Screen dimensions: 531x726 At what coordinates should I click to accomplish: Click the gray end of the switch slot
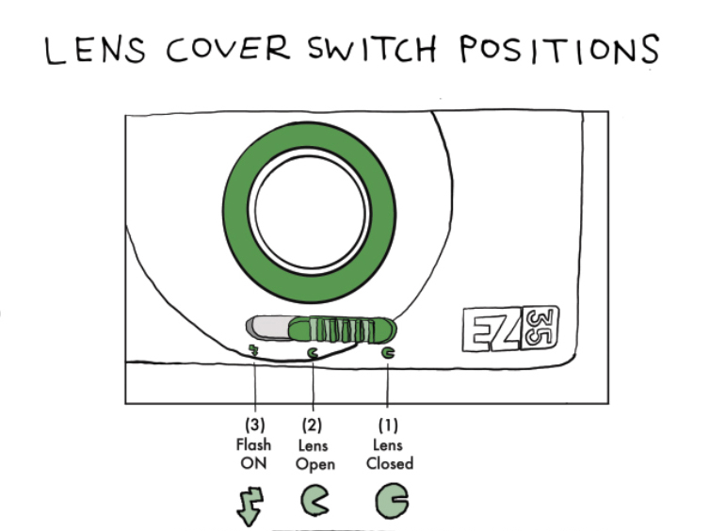tap(264, 328)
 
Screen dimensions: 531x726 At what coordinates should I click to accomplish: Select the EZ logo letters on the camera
tap(491, 330)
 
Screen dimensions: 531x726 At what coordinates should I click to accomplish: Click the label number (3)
tap(254, 426)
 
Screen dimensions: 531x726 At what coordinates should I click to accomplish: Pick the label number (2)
tap(314, 426)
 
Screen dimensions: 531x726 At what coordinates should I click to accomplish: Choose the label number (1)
tap(389, 426)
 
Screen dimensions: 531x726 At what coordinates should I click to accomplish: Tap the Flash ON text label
tap(254, 453)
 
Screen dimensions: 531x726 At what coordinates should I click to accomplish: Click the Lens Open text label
tap(315, 454)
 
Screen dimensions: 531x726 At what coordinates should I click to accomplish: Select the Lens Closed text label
tap(389, 454)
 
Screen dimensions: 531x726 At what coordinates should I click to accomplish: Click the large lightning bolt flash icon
tap(252, 503)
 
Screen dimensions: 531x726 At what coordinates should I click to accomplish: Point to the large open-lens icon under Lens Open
tap(314, 503)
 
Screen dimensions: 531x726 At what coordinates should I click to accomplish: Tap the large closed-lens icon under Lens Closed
tap(390, 502)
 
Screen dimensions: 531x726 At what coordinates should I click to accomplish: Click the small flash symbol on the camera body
tap(253, 350)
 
